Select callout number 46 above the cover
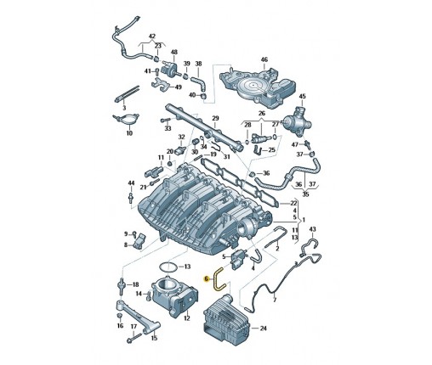(264, 59)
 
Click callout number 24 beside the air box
(264, 328)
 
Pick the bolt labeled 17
(133, 338)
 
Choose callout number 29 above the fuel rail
(215, 118)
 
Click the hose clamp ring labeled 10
(126, 119)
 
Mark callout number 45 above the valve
(303, 96)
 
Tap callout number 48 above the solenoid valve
(174, 52)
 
